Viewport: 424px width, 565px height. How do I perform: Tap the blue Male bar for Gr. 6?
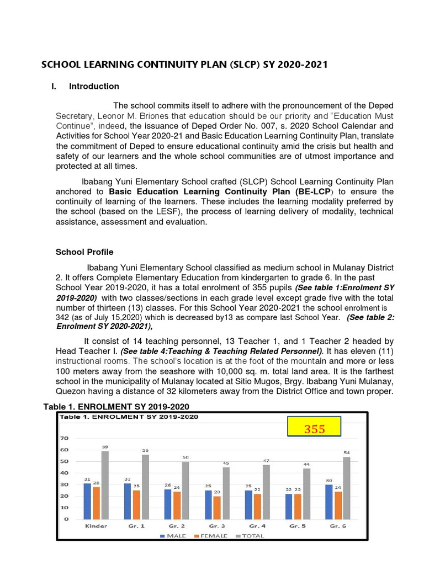click(330, 502)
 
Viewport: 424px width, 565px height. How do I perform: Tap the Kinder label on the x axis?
click(96, 526)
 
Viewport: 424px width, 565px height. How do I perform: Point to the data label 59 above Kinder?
click(105, 446)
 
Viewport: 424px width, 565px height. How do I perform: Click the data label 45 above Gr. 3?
click(226, 462)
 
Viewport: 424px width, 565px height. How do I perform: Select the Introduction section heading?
click(94, 86)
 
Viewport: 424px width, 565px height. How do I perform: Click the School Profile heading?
click(84, 252)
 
